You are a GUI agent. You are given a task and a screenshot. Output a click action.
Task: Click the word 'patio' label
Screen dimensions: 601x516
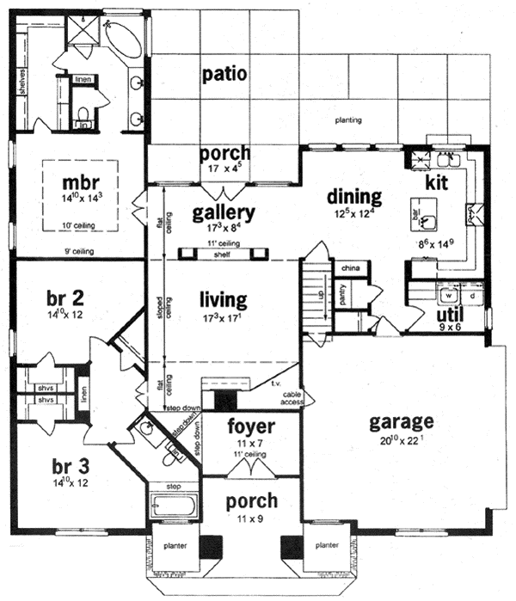[225, 74]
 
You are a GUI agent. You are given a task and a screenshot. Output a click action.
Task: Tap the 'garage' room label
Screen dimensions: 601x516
[401, 422]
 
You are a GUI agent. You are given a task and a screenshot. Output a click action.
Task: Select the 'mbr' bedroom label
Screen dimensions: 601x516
[83, 185]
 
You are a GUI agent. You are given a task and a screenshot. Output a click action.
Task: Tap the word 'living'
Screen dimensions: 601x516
[223, 301]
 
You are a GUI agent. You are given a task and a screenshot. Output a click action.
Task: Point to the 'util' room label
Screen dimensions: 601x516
[451, 315]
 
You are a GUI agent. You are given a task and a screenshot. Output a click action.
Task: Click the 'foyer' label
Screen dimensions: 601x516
[251, 427]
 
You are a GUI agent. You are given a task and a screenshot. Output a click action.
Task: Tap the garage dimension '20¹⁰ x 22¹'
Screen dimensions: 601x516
[402, 441]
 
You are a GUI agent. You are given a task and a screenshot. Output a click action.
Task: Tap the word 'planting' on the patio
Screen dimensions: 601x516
[347, 120]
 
